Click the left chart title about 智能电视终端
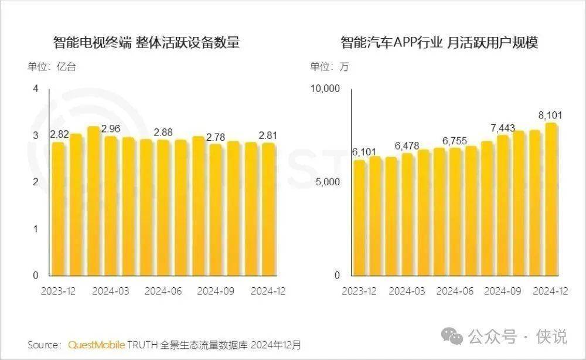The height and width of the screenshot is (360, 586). (146, 43)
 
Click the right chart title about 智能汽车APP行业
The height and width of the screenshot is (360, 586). (439, 43)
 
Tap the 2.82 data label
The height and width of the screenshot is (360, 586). (60, 134)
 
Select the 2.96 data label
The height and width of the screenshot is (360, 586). (111, 128)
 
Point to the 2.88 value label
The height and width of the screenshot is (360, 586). (163, 133)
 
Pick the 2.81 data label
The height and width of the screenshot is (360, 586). (268, 135)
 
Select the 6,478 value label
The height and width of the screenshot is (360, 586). (407, 145)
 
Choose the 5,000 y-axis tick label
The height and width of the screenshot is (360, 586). (328, 182)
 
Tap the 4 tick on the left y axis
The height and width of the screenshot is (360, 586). (36, 89)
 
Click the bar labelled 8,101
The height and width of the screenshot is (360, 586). (551, 199)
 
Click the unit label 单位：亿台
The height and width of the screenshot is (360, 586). (52, 67)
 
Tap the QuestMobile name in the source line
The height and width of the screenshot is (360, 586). (96, 344)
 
